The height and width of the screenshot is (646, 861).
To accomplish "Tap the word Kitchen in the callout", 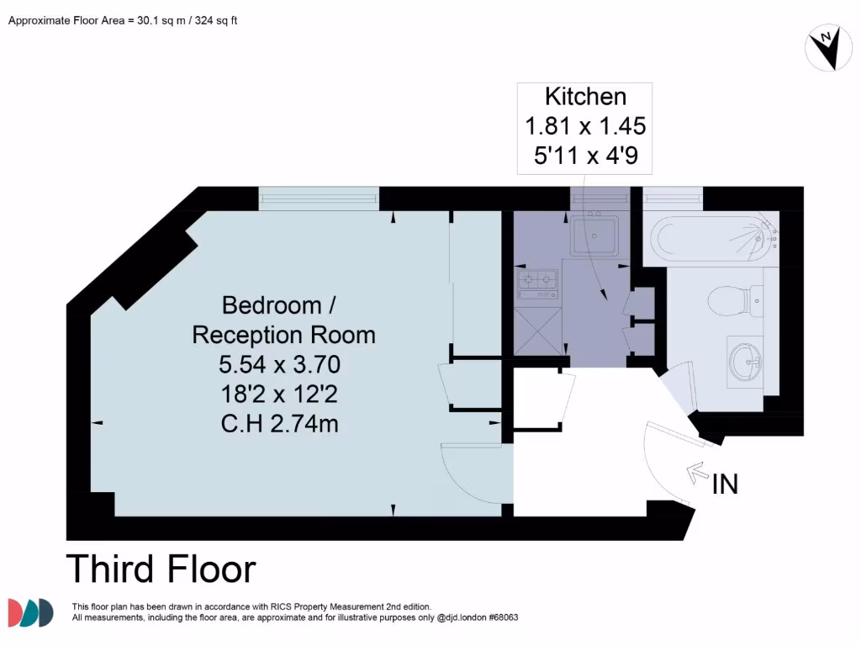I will pyautogui.click(x=585, y=96).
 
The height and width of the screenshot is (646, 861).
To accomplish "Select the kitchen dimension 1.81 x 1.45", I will pyautogui.click(x=585, y=126).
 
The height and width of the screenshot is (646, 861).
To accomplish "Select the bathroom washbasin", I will pyautogui.click(x=744, y=363).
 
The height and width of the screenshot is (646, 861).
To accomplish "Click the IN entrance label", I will pyautogui.click(x=725, y=484).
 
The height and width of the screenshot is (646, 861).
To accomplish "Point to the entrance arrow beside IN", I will pyautogui.click(x=697, y=474).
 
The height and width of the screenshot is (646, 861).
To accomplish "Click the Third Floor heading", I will pyautogui.click(x=161, y=569).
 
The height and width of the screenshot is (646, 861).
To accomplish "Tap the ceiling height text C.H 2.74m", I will pyautogui.click(x=280, y=424).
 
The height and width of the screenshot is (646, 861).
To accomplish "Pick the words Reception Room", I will pyautogui.click(x=283, y=335).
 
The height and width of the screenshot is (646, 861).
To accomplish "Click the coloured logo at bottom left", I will pyautogui.click(x=31, y=613).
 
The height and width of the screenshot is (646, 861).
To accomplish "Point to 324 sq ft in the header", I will pyautogui.click(x=217, y=20).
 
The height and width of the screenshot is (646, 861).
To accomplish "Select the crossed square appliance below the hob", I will pyautogui.click(x=537, y=333).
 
